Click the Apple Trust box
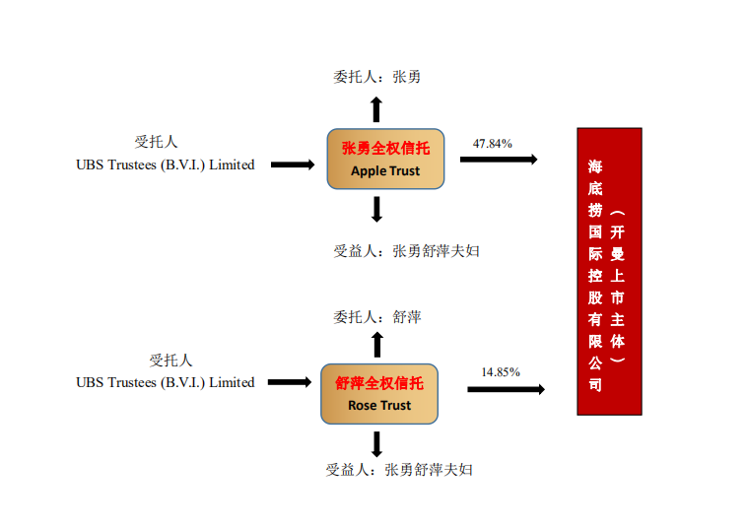pos(385,159)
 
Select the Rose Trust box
pos(379,394)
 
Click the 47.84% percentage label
pos(493,143)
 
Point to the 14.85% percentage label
pos(501,371)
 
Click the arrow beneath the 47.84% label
pos(499,159)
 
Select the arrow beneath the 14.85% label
pos(506,389)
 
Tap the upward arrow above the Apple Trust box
pos(376,107)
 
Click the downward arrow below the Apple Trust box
pos(376,209)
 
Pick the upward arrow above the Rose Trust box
pos(376,344)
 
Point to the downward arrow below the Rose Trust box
pos(376,443)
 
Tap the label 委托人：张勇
pos(377,76)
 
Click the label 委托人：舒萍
pos(377,316)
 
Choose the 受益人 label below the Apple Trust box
pos(406,250)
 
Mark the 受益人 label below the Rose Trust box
pos(399,469)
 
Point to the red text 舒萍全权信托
pos(379,383)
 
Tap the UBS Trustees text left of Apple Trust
pos(166,164)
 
